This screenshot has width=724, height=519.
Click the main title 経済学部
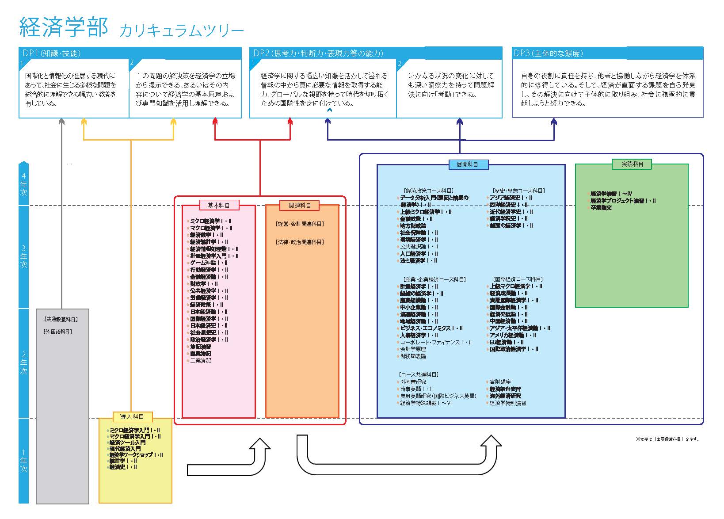point(64,27)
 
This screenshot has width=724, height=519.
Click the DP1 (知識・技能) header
point(52,53)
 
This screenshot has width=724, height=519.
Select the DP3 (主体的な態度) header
point(548,53)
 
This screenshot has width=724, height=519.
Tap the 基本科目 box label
point(218,206)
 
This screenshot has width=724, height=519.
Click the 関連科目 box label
point(300,206)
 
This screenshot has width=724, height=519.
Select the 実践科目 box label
point(633,164)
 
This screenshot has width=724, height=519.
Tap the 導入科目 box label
point(132,416)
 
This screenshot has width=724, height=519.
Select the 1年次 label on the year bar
point(23,461)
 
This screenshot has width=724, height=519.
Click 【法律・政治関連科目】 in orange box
point(300,242)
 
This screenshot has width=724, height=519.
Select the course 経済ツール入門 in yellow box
point(127,443)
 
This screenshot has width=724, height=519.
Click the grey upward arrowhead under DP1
point(61,121)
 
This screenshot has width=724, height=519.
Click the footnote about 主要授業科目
point(667,439)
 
